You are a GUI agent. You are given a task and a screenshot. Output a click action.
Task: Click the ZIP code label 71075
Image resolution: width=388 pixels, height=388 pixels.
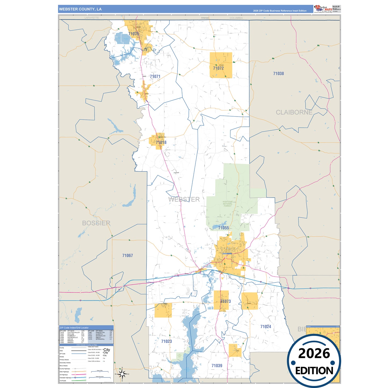click(x=133, y=34)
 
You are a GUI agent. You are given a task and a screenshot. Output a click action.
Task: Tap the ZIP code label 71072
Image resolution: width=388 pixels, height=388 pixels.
click(x=218, y=68)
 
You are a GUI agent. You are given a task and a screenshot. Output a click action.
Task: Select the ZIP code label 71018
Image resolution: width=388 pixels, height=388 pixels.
click(x=161, y=142)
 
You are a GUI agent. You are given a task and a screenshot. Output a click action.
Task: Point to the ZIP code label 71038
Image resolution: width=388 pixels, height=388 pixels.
click(x=278, y=74)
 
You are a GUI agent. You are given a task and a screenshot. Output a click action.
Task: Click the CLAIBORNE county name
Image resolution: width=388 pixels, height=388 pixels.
click(x=294, y=112)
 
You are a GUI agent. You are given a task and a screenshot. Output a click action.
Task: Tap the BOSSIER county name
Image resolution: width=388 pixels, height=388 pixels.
click(x=96, y=223)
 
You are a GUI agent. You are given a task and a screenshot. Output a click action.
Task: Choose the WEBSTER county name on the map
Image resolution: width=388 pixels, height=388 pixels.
click(x=184, y=199)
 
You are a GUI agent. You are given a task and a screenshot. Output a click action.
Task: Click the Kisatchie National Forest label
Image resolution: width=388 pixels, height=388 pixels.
click(x=227, y=204)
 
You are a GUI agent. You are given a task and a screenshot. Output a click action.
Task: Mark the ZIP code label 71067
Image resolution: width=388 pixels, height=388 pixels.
click(x=128, y=256)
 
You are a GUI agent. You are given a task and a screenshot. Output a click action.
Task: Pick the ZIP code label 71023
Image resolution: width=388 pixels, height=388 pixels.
click(x=166, y=341)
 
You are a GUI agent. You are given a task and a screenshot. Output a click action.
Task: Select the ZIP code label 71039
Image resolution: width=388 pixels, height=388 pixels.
click(x=217, y=366)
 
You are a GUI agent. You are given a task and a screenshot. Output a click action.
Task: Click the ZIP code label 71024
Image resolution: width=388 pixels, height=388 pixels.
click(x=266, y=327)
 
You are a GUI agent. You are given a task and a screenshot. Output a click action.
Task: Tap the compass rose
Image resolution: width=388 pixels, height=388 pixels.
click(x=122, y=374)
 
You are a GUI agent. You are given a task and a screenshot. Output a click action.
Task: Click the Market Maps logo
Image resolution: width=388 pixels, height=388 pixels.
click(x=323, y=9)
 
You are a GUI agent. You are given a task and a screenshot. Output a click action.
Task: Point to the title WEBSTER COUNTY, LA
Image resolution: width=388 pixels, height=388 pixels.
click(x=80, y=9)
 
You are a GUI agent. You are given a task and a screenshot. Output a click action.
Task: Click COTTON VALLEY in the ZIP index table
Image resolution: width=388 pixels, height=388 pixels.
click(x=74, y=332)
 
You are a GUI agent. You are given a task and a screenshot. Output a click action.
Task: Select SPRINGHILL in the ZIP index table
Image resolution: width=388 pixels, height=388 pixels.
click(x=100, y=339)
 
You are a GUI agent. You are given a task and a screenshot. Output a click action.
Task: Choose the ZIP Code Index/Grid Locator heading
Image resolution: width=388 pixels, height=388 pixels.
click(x=74, y=328)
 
